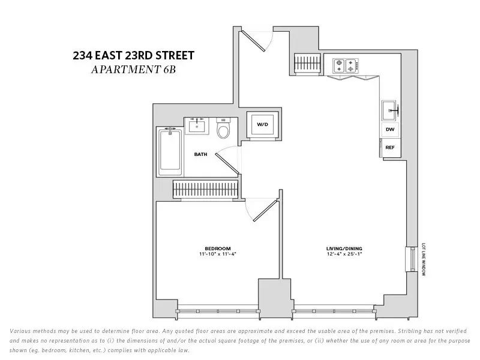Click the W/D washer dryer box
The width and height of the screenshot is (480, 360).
tap(262, 125)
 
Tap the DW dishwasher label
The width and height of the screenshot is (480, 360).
tap(390, 130)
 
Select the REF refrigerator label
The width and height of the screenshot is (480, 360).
tap(390, 147)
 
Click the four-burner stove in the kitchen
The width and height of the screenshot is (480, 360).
tap(345, 65)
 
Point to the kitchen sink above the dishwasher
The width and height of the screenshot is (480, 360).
tap(389, 110)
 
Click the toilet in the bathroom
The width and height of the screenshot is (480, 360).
tap(223, 129)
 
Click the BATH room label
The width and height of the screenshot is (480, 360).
tap(200, 154)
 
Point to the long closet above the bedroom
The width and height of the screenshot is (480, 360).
tap(206, 189)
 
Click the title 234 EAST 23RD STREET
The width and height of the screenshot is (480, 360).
tap(133, 56)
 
